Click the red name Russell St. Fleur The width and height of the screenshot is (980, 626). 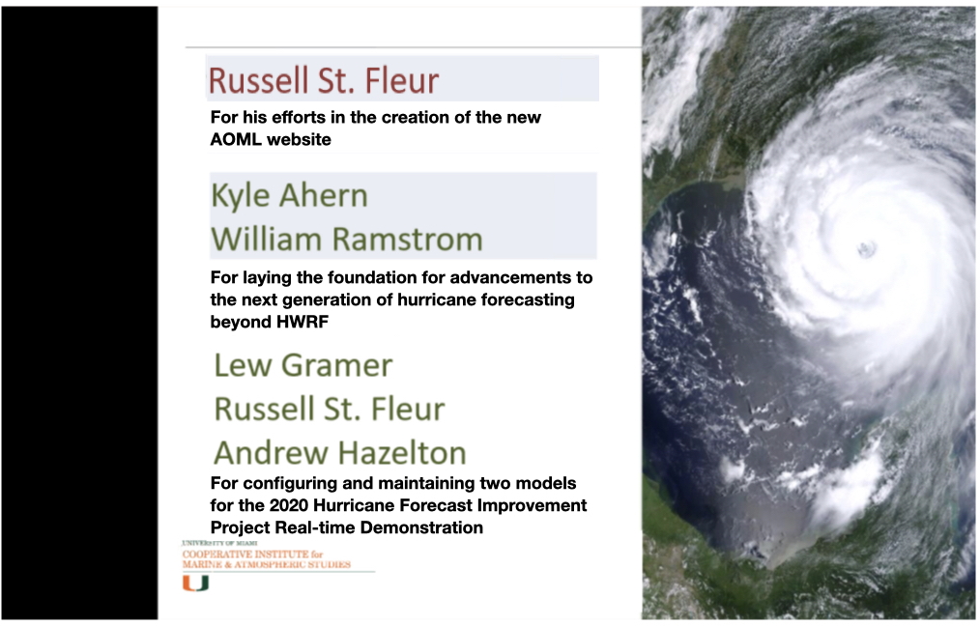(323, 80)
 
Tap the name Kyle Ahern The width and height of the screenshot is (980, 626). (289, 195)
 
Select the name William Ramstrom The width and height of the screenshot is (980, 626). (347, 240)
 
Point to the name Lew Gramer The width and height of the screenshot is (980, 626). (303, 365)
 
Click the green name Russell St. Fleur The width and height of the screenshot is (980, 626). (330, 409)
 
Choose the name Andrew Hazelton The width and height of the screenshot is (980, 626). (340, 452)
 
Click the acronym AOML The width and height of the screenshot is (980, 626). (236, 139)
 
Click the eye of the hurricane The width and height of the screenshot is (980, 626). (866, 249)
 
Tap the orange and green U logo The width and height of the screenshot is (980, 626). (195, 583)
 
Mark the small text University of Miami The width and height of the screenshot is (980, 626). (219, 543)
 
